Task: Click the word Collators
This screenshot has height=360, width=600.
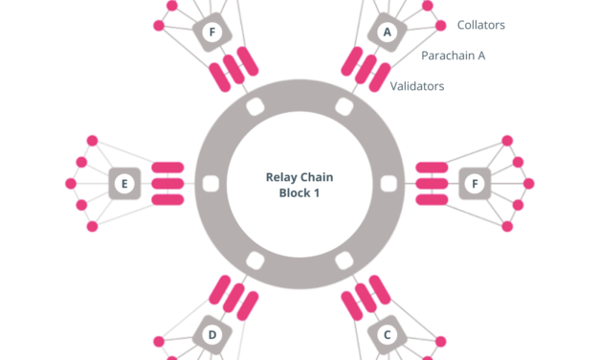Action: (x=480, y=25)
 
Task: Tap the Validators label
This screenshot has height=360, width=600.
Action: (x=416, y=86)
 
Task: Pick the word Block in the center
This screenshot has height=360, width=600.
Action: (x=288, y=192)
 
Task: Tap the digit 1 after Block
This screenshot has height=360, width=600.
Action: (x=317, y=192)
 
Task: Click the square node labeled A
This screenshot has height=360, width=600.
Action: (x=387, y=33)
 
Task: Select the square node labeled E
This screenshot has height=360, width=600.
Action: (x=124, y=183)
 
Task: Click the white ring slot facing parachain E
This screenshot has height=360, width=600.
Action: (x=211, y=183)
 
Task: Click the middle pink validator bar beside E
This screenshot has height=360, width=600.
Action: (x=167, y=183)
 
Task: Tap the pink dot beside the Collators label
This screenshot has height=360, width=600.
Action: (x=440, y=26)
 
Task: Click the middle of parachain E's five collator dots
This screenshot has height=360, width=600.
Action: (x=70, y=183)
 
